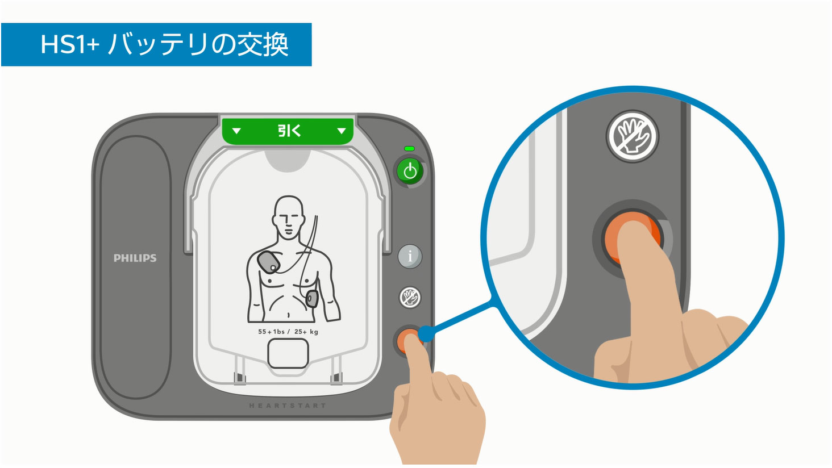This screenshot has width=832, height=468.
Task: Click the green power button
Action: [410, 171]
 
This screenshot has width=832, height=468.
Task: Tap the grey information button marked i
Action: [410, 256]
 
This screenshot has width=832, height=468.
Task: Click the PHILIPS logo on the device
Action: [135, 258]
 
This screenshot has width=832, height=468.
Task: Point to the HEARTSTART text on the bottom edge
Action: [288, 406]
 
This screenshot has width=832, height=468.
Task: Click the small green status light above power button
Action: [409, 148]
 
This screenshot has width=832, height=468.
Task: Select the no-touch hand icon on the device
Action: [410, 297]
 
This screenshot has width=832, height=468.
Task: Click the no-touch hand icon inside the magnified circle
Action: [632, 136]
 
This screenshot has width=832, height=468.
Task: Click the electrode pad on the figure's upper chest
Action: [269, 262]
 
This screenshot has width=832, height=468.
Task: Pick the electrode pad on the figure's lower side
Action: [312, 299]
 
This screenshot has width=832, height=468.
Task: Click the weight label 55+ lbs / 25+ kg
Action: [288, 332]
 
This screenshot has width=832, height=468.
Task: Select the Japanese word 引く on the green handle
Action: [289, 131]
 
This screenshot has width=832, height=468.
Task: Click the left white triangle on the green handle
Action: [236, 131]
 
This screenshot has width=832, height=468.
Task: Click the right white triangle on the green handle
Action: [342, 131]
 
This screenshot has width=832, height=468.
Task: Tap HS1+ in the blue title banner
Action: [70, 44]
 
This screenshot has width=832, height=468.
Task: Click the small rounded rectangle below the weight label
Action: [288, 353]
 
